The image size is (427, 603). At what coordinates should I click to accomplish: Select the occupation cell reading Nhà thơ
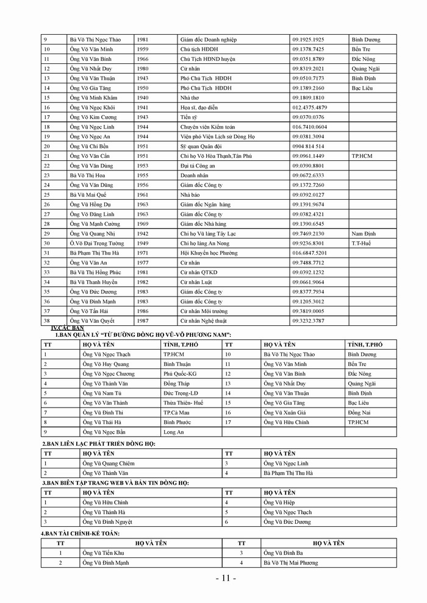coord(190,97)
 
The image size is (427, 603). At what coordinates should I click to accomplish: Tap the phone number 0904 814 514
coord(308,146)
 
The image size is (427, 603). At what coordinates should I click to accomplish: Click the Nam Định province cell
coord(364,233)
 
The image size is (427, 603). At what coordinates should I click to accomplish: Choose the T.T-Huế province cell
coord(363,243)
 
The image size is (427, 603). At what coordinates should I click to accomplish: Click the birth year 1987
coord(142,320)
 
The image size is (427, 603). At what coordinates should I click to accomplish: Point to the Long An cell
coord(174,431)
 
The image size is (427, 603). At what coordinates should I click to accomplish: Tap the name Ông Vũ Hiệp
coord(279,502)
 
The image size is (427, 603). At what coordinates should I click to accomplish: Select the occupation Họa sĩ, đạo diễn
coord(199,107)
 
